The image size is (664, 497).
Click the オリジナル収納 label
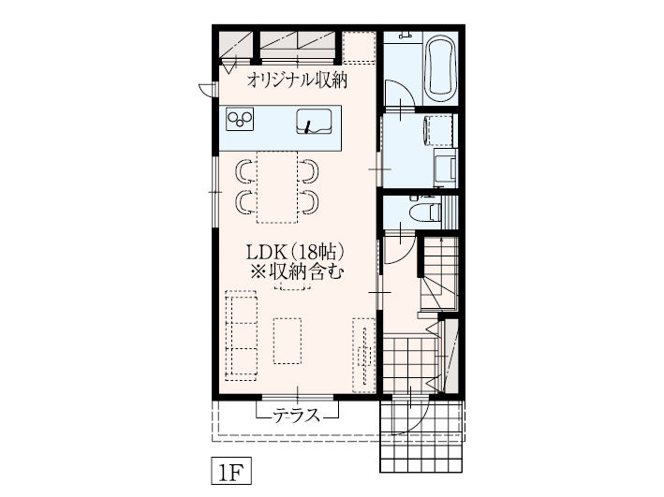[x=297, y=80]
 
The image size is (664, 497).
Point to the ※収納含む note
[x=296, y=273]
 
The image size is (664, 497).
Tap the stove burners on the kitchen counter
[x=242, y=120]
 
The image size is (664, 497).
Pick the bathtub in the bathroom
[x=440, y=67]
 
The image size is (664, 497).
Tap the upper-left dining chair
[x=245, y=170]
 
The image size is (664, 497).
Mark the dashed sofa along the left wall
[x=242, y=333]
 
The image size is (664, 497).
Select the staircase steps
[x=438, y=276]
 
